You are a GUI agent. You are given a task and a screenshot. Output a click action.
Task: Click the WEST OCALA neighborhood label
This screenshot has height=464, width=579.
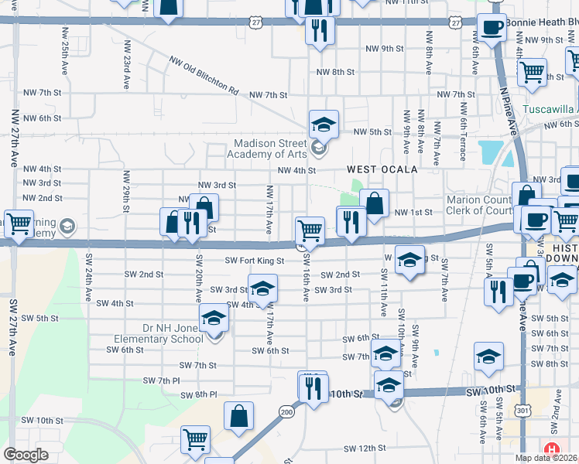click(382, 169)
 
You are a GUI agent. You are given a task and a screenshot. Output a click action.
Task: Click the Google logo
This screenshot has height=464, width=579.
click(26, 455)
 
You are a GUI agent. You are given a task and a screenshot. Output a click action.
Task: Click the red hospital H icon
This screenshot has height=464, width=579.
click(551, 449)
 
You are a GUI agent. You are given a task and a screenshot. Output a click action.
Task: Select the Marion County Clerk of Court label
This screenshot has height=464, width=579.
click(480, 205)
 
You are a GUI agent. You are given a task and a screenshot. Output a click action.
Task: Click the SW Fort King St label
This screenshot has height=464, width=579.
click(255, 261)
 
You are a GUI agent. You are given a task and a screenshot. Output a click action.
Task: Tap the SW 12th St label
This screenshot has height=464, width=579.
click(365, 448)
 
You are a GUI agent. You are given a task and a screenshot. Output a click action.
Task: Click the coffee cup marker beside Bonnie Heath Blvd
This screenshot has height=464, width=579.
click(491, 29)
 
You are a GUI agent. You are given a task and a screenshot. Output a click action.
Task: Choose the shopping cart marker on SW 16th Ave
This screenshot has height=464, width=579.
click(310, 230)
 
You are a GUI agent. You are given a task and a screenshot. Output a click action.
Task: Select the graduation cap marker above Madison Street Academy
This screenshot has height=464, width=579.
click(324, 124)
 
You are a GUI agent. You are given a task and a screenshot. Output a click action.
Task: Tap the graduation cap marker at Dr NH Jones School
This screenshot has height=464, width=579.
click(214, 318)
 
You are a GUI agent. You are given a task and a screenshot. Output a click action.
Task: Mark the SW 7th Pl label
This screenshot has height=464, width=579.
click(161, 380)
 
